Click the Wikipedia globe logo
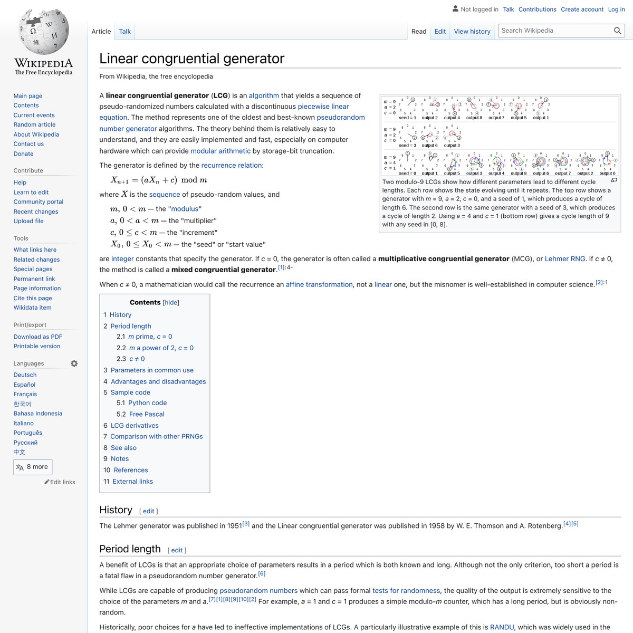[44, 32]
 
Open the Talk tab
[125, 32]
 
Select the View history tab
[472, 32]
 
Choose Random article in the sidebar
[34, 124]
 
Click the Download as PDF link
[38, 337]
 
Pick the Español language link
[25, 385]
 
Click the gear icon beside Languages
[74, 363]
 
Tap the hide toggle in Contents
[171, 303]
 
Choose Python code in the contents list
[147, 403]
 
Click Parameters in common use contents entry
[152, 370]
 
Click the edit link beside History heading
[149, 511]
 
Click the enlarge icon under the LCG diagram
[613, 180]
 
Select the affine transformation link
[319, 284]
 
